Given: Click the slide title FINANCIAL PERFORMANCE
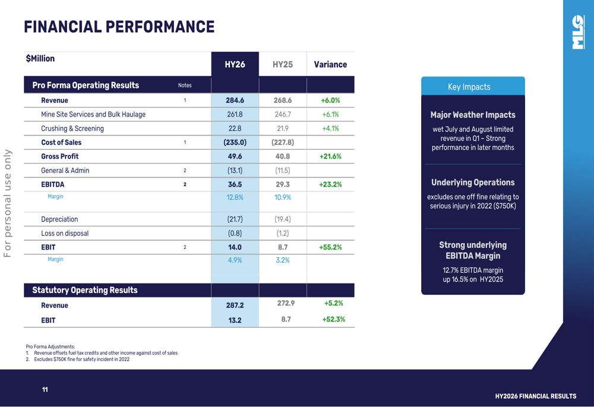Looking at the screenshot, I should point(119,27).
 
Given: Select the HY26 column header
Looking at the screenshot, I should point(235,64).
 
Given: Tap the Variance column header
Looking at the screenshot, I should point(330,64).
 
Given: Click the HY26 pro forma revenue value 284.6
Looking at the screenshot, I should point(235,100).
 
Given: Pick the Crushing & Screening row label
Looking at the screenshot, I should point(72,128).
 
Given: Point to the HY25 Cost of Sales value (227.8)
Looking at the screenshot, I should point(282,143).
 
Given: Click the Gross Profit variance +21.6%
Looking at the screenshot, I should point(330,156).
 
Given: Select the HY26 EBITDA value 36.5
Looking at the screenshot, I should point(235,185).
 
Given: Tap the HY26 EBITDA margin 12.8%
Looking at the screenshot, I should point(235,197).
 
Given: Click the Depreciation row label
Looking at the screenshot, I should point(59,219).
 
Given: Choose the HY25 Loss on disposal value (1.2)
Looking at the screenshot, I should point(282,234).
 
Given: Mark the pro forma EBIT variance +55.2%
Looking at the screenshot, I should point(330,247).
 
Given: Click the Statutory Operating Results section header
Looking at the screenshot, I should point(84,290).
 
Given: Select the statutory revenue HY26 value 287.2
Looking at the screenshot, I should point(235,305).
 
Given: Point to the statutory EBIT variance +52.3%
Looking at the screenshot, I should point(333,320).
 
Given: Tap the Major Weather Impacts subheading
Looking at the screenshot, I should point(473,115).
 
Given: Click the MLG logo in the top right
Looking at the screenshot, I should point(577,33).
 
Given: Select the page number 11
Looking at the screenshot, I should point(45,390).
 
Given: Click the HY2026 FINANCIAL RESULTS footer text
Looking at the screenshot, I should point(535,396).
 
